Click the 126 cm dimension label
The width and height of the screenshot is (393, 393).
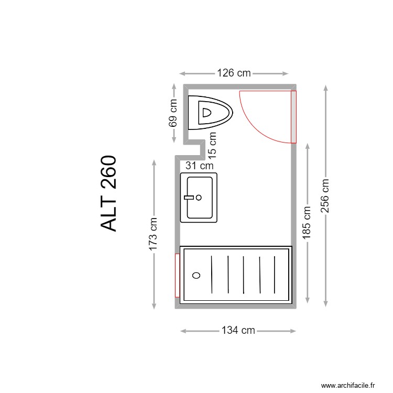click(234, 73)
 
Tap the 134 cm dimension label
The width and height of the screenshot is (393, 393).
click(238, 331)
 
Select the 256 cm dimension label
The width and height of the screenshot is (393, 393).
click(326, 195)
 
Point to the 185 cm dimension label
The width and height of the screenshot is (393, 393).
click(307, 223)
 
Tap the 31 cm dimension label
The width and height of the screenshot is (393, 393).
click(200, 166)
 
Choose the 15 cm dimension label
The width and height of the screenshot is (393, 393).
click(213, 145)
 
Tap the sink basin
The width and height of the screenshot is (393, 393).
click(199, 198)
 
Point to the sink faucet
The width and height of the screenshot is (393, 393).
click(191, 198)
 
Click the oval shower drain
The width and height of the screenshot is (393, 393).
click(196, 275)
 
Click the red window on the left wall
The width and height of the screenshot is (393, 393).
click(177, 275)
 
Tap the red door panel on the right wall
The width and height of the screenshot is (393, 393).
click(293, 116)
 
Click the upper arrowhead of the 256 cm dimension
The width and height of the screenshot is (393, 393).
click(326, 87)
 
